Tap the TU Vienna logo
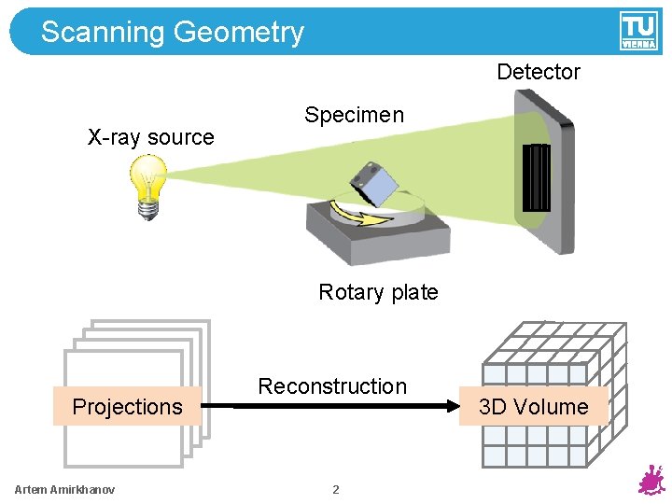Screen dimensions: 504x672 (638, 31)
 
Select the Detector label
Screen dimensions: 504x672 (538, 72)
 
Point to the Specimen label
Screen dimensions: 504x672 (354, 115)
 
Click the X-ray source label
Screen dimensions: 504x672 (150, 137)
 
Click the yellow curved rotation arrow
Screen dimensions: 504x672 (359, 217)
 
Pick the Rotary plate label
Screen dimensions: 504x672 (378, 292)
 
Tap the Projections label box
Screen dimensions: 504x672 (127, 406)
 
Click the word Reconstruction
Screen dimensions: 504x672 (332, 385)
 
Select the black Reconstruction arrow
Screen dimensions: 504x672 (336, 406)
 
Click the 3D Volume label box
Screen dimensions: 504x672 (534, 406)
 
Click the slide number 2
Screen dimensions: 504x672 (336, 490)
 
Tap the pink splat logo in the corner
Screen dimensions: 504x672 (650, 481)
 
